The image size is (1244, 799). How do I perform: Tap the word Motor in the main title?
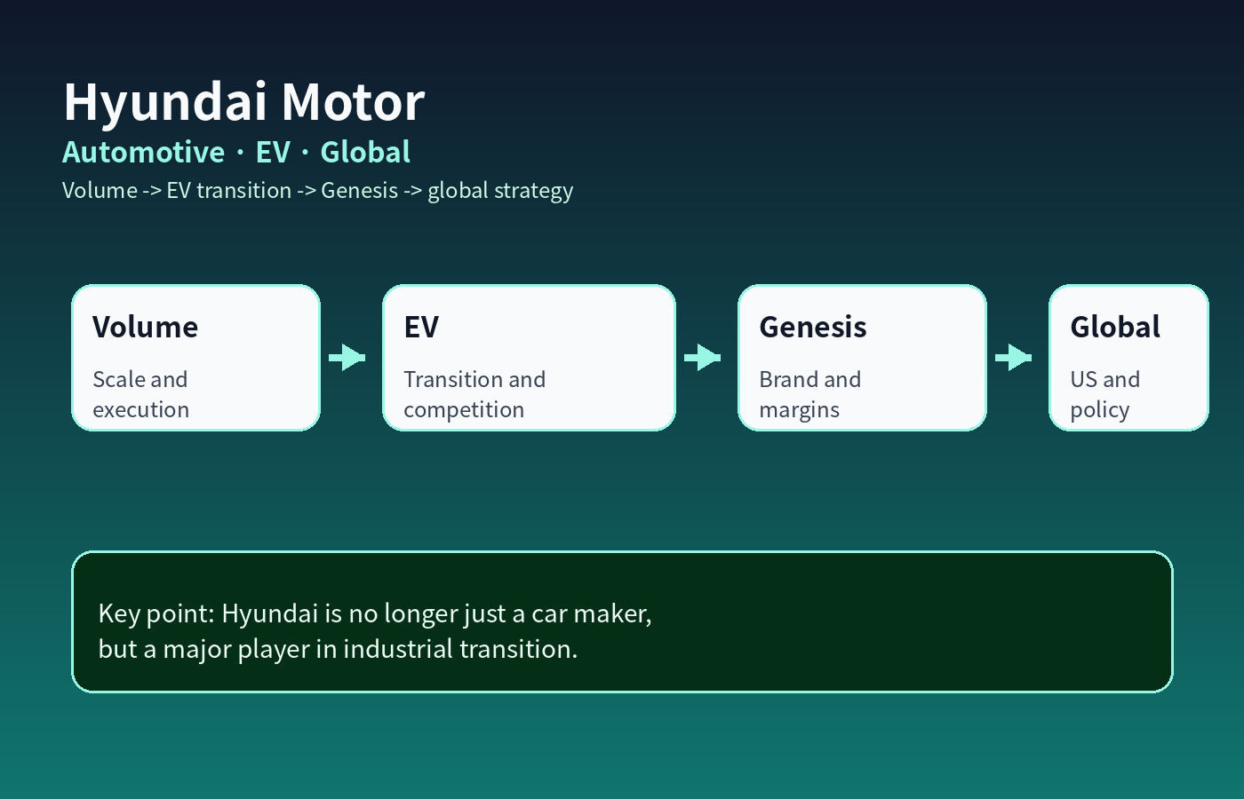[x=354, y=101]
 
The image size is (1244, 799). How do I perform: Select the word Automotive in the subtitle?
[x=143, y=152]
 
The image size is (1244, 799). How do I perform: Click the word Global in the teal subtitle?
[x=365, y=152]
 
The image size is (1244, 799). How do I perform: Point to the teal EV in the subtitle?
[x=273, y=152]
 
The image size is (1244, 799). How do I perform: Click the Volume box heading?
[x=145, y=327]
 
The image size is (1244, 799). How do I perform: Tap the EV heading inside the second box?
[x=421, y=327]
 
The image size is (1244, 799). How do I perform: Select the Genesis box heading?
[x=812, y=327]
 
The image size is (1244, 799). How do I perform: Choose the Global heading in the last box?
[x=1115, y=327]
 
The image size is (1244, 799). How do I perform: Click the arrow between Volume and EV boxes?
[x=347, y=357]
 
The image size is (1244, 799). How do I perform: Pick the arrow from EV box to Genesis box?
[x=703, y=357]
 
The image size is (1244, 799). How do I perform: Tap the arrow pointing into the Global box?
[x=1014, y=357]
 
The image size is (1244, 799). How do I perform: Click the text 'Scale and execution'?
[x=141, y=394]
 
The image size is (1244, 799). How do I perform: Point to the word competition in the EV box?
[x=464, y=410]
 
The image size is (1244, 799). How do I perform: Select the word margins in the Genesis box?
[x=799, y=410]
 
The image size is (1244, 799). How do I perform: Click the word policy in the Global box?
[x=1100, y=410]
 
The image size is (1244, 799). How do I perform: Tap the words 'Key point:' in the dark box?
[x=156, y=614]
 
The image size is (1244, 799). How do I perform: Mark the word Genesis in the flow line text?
[x=359, y=190]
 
